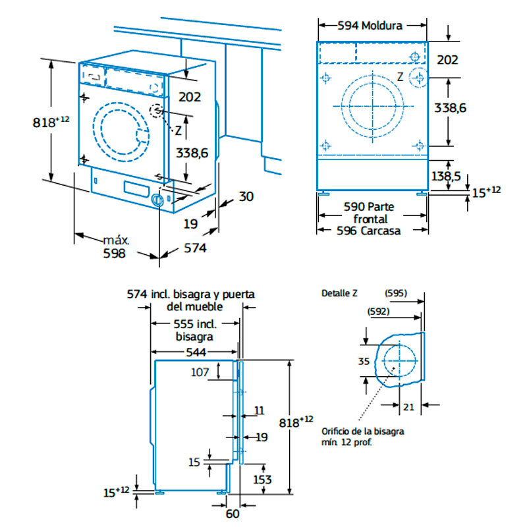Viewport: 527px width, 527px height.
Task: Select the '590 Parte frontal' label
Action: pos(370,212)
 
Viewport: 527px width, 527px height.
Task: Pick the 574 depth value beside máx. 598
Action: pos(194,248)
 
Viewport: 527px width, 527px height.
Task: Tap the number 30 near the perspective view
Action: pos(246,196)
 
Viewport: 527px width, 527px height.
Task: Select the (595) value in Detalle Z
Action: pos(396,293)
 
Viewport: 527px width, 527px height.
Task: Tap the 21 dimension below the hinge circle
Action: pos(408,408)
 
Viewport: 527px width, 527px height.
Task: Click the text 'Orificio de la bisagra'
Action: pos(362,431)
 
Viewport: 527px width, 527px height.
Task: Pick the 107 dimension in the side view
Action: pos(200,372)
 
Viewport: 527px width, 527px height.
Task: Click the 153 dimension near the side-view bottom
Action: pos(263,480)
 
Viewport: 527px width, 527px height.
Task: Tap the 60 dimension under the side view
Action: pos(231,514)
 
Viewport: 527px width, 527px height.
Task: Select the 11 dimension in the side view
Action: pos(259,410)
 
